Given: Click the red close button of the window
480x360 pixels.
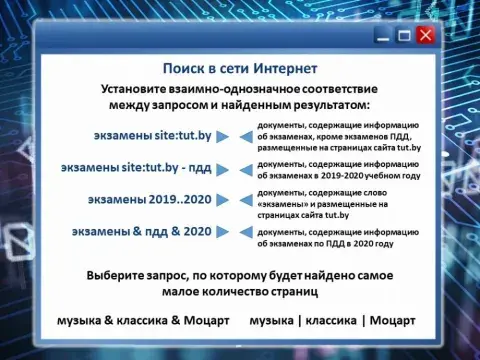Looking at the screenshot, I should [x=426, y=35].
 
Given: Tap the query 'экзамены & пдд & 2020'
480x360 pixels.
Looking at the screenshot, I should [x=142, y=232].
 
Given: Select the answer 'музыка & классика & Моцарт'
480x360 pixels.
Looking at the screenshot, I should [x=143, y=321].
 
